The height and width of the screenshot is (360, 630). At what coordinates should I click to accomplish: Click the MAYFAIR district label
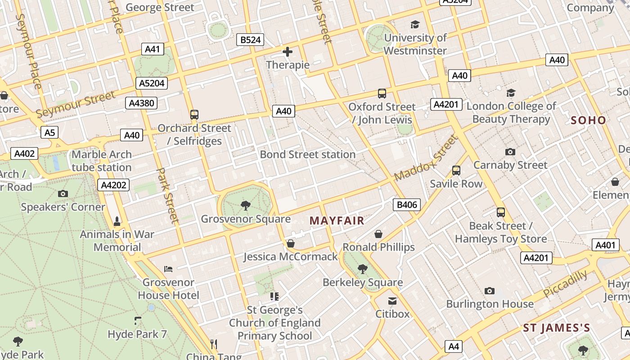(x=337, y=220)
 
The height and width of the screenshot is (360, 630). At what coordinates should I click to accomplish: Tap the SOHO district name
(x=588, y=120)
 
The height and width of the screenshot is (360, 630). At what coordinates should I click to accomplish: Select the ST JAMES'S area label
(x=556, y=328)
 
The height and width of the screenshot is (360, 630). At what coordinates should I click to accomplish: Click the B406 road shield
(x=406, y=205)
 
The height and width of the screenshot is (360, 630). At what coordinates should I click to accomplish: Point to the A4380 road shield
(x=141, y=103)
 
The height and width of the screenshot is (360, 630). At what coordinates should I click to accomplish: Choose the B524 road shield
(x=250, y=40)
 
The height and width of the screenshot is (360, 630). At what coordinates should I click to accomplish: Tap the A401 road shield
(x=604, y=245)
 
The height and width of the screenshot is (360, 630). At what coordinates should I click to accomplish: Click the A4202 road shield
(x=114, y=185)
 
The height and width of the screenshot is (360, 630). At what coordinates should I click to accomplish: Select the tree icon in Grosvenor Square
(x=246, y=206)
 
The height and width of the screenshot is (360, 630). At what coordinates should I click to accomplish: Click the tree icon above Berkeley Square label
(x=362, y=269)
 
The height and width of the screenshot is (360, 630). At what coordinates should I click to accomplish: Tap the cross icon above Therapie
(x=288, y=52)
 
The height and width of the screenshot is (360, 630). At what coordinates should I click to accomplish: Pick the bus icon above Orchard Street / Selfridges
(x=194, y=115)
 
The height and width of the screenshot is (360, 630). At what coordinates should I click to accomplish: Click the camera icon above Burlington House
(x=490, y=291)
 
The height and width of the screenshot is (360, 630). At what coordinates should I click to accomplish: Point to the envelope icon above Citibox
(x=392, y=301)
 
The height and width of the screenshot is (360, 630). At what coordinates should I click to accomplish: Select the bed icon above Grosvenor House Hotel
(x=168, y=269)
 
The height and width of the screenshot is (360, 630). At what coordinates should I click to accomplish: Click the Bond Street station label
(x=308, y=154)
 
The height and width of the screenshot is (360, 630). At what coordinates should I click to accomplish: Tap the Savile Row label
(x=456, y=184)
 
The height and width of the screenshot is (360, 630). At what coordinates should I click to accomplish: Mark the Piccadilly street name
(x=565, y=283)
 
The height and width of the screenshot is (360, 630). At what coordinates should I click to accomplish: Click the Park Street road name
(x=168, y=196)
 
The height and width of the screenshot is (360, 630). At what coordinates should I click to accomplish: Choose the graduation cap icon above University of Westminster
(x=415, y=25)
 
